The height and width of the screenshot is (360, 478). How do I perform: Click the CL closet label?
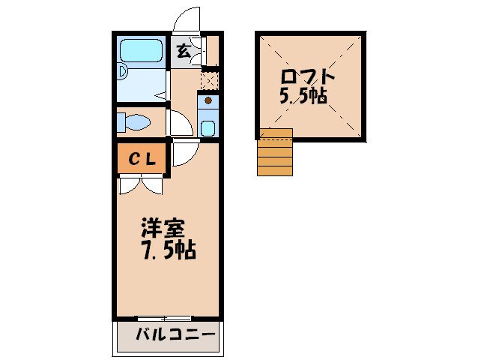142,159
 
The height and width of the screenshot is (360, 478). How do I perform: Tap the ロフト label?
307,77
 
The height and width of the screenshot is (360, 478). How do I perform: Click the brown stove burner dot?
208,100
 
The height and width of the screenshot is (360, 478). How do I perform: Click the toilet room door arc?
179,121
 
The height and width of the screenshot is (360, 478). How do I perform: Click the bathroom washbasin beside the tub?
122,73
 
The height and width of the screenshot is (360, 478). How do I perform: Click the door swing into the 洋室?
183,152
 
